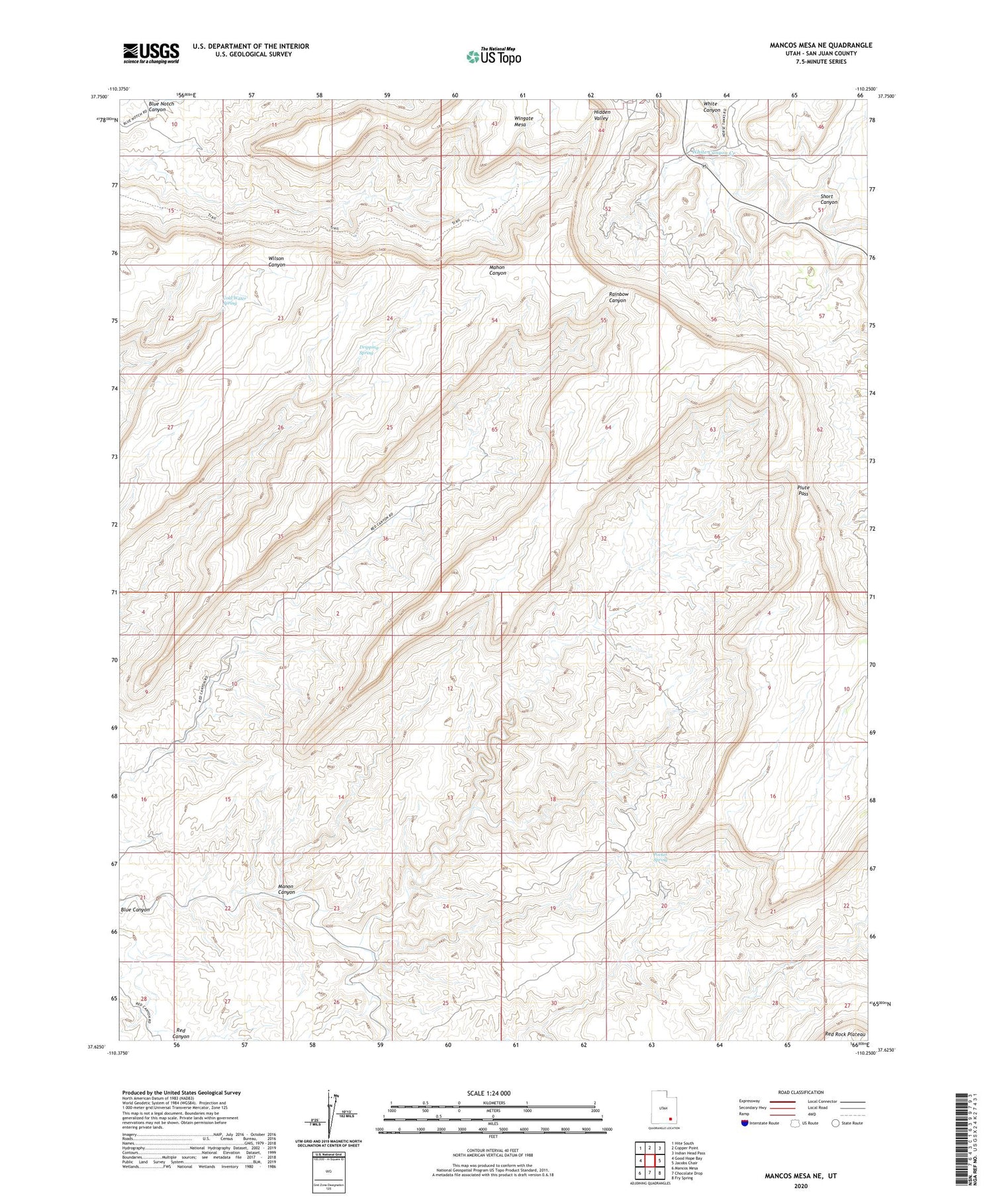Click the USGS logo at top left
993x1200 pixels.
pos(151,53)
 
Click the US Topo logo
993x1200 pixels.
pos(494,57)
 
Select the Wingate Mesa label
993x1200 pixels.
pos(523,121)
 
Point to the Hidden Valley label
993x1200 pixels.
pos(601,115)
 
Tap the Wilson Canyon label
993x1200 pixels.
pos(276,261)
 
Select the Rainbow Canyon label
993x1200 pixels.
pos(617,297)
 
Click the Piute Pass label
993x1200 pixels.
pos(803,490)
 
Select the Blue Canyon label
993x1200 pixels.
pos(135,910)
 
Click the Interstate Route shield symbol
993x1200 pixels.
pos(745,1123)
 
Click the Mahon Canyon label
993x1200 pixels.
pos(497,270)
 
